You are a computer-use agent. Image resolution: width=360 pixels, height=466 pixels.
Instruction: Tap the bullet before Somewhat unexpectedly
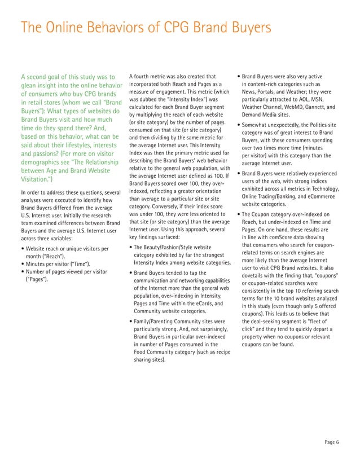pyautogui.click(x=239, y=125)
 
